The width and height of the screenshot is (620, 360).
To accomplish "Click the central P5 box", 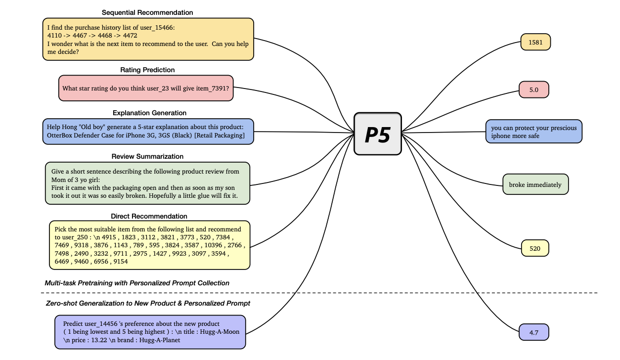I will coord(378,134).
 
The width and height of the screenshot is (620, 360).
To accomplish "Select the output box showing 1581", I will coord(535,42).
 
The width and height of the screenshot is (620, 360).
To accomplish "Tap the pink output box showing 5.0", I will coord(534,90).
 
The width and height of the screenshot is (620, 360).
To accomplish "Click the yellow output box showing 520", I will coord(535,248).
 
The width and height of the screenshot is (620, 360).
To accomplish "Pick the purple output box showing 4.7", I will coord(534,332).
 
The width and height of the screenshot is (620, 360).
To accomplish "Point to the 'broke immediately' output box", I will coord(535,184).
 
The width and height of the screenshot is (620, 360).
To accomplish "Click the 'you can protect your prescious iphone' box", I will coord(533,132).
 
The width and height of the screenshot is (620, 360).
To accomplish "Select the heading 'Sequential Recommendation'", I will coord(147,12).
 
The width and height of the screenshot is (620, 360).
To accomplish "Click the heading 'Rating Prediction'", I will coord(147,70).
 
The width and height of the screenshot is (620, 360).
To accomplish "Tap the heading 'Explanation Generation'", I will coord(149,113).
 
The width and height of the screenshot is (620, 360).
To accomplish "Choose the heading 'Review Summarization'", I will coord(147,156).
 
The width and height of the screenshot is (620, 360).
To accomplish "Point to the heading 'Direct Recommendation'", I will coord(149,216).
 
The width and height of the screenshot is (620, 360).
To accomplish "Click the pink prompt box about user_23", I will coord(146,88).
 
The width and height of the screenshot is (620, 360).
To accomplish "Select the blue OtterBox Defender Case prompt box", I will coord(148,131).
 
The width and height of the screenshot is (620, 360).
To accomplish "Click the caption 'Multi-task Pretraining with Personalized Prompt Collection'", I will coord(137,283).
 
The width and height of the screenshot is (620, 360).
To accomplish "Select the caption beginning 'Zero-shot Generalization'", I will coord(148,303).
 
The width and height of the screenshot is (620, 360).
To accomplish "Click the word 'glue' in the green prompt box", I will coord(205,196).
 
